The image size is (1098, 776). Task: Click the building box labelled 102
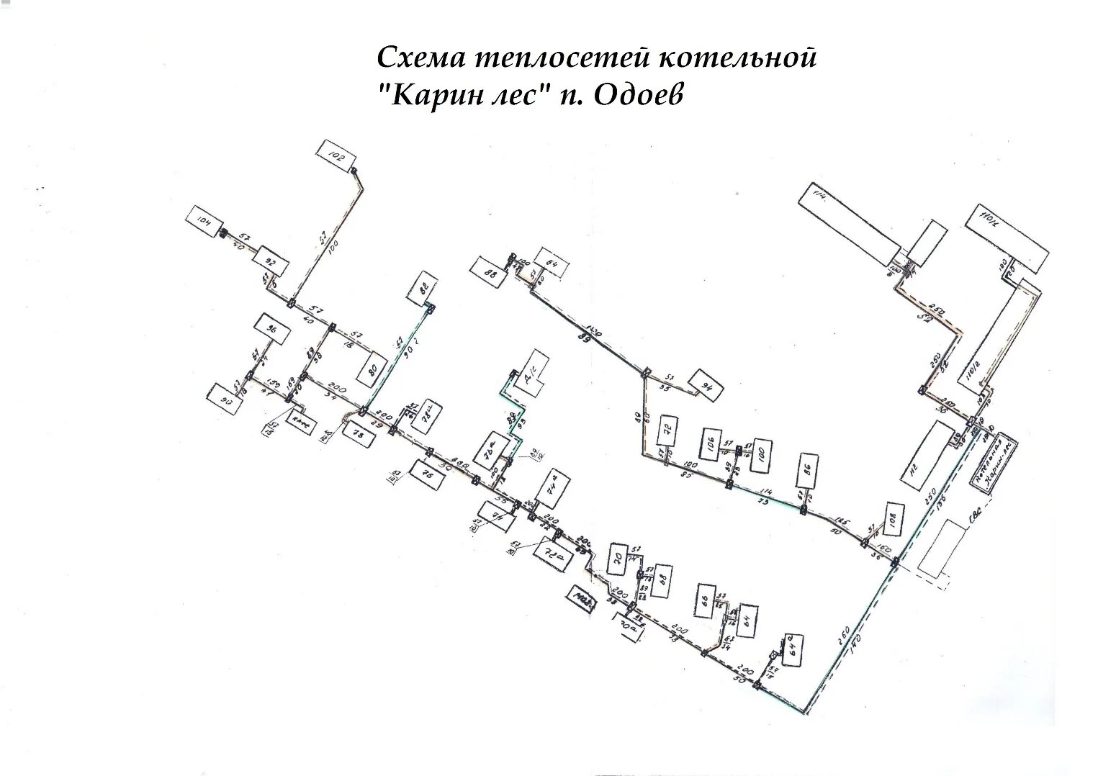pyautogui.click(x=336, y=156)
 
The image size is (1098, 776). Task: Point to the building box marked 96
pyautogui.click(x=272, y=330)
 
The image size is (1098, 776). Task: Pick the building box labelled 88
pyautogui.click(x=490, y=274)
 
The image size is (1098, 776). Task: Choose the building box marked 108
pyautogui.click(x=888, y=520)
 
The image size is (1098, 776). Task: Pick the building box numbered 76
pyautogui.click(x=426, y=475)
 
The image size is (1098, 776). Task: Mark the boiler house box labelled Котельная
pyautogui.click(x=994, y=463)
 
